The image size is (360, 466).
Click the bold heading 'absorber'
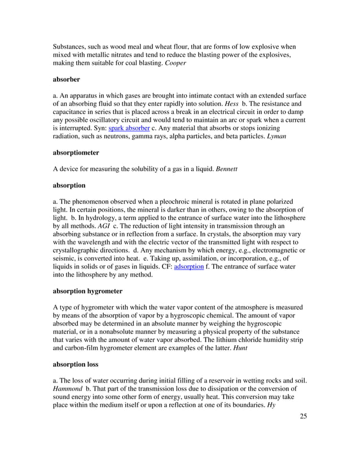pos(67,87)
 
